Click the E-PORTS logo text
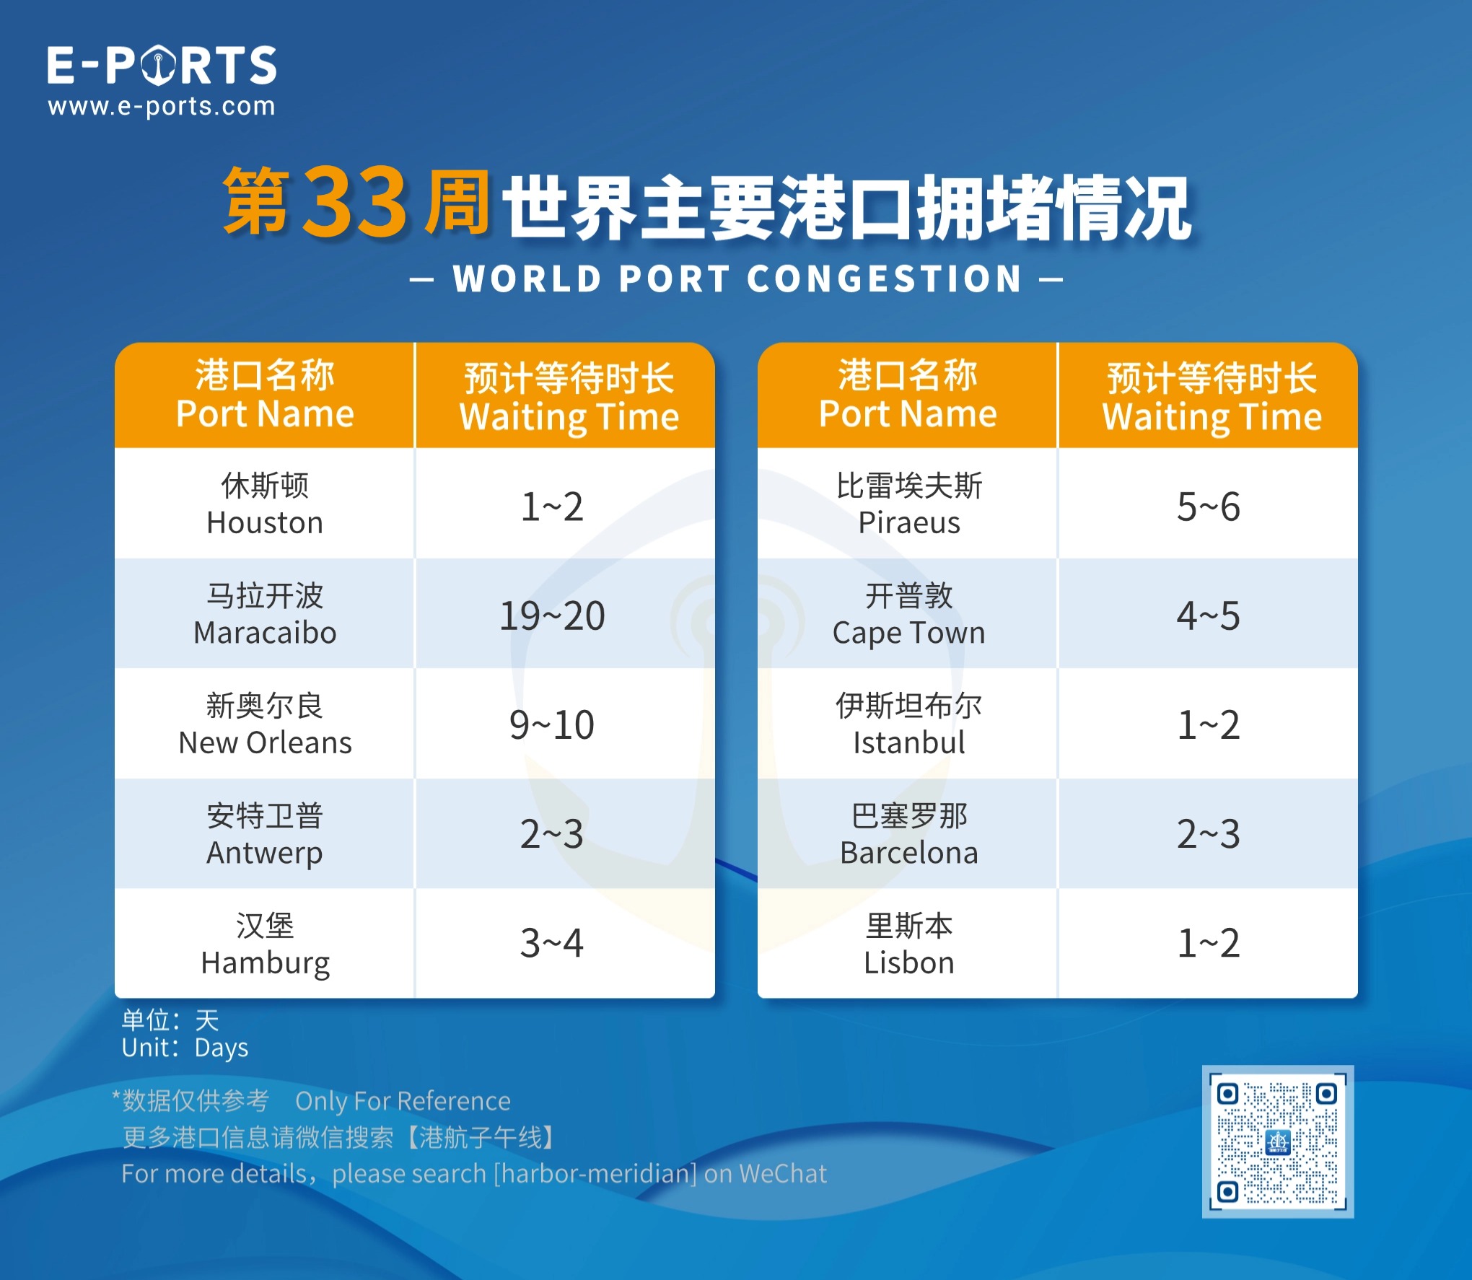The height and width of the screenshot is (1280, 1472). (x=162, y=65)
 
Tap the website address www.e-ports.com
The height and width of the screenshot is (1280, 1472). (x=162, y=107)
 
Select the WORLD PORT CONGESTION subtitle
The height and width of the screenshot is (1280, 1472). (x=737, y=279)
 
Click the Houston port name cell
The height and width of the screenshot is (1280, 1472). (x=265, y=504)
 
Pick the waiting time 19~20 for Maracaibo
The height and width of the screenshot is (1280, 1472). (x=552, y=615)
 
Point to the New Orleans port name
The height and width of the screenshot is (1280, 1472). (x=265, y=724)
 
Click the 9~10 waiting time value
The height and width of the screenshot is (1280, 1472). (x=552, y=724)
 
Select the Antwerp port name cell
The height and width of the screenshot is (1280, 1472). (x=265, y=833)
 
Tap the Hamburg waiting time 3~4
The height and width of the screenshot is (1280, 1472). (x=552, y=943)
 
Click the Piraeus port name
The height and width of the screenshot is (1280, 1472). (x=909, y=504)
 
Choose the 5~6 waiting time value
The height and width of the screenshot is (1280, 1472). (x=1209, y=506)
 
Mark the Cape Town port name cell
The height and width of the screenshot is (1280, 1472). (x=908, y=614)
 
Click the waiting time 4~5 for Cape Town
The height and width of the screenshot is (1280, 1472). (x=1209, y=615)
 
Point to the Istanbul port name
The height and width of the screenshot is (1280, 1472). (x=909, y=724)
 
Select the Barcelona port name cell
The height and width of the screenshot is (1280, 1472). (x=908, y=833)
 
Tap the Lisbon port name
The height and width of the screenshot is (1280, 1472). (x=909, y=944)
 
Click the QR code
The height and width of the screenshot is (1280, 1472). (x=1277, y=1141)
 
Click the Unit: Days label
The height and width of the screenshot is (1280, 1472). (x=185, y=1048)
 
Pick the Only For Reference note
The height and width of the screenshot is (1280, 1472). (x=403, y=1101)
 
